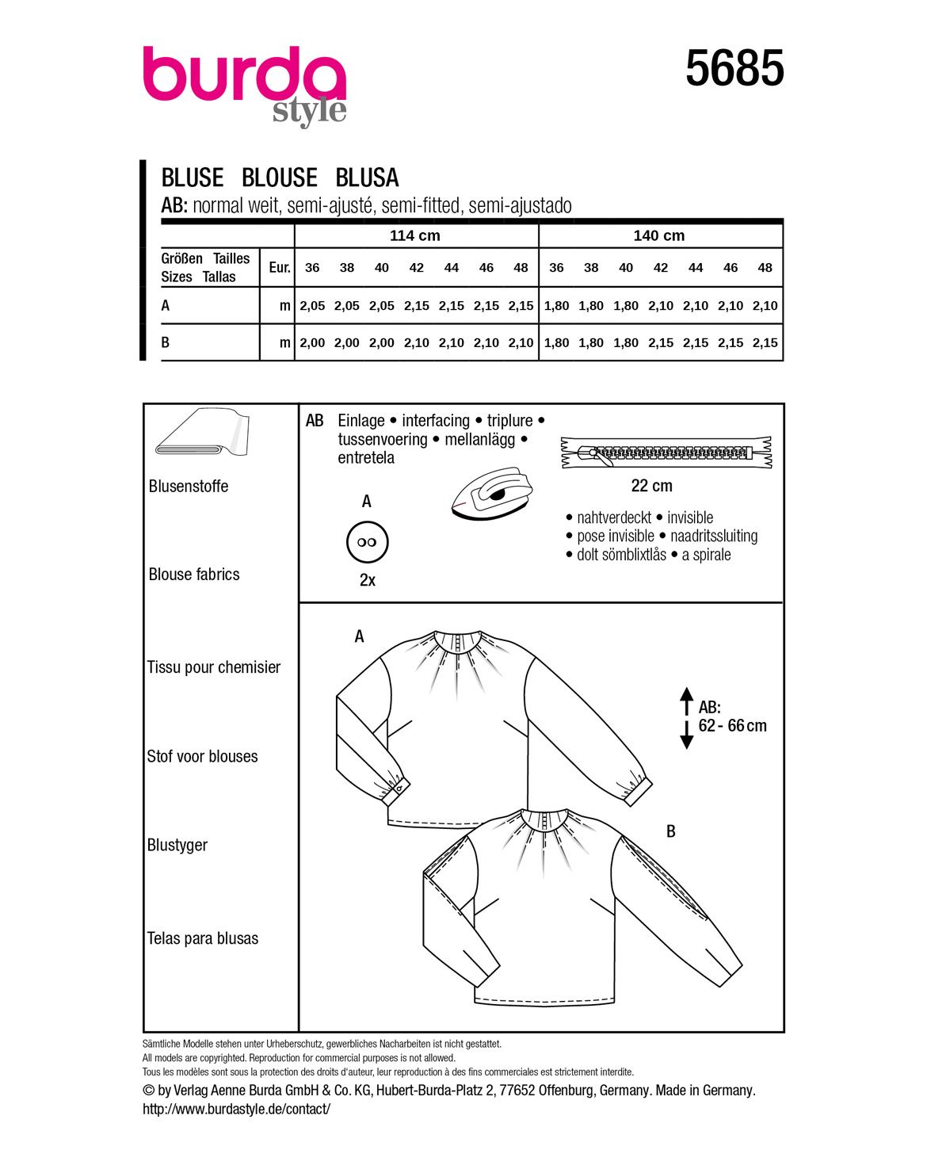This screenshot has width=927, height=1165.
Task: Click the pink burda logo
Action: (x=244, y=78)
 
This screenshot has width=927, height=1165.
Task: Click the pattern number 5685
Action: (x=734, y=68)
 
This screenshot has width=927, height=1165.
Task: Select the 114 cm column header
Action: (x=414, y=235)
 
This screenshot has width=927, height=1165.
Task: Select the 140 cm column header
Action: (x=658, y=235)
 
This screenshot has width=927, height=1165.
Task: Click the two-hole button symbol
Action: (x=367, y=542)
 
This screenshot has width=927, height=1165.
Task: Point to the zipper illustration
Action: (x=666, y=453)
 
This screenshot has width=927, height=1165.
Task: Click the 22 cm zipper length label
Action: (x=651, y=486)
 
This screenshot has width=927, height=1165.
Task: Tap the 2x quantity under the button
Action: (x=367, y=580)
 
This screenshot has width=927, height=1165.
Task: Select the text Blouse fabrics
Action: (x=194, y=575)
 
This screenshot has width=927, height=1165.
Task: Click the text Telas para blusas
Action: (x=203, y=938)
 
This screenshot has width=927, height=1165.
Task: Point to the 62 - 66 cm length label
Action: (x=732, y=726)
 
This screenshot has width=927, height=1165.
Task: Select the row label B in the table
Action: (x=166, y=343)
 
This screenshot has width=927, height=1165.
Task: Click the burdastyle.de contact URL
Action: (x=236, y=1109)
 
